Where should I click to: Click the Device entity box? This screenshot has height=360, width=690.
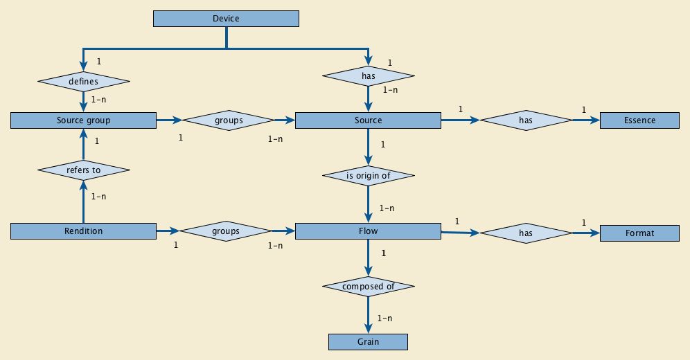pyautogui.click(x=226, y=19)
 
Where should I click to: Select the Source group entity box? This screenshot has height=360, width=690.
pyautogui.click(x=83, y=120)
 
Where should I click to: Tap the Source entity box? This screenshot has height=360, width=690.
pyautogui.click(x=368, y=120)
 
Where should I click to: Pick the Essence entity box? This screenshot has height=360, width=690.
pyautogui.click(x=639, y=120)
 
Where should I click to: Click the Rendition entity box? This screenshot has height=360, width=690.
pyautogui.click(x=83, y=231)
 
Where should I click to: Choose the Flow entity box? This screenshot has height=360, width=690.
pyautogui.click(x=368, y=231)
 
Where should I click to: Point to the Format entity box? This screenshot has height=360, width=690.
pyautogui.click(x=639, y=233)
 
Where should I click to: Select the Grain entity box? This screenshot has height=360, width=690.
pyautogui.click(x=368, y=342)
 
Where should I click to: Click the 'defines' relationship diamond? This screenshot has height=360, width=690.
pyautogui.click(x=83, y=81)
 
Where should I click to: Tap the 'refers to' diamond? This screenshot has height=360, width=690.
pyautogui.click(x=83, y=170)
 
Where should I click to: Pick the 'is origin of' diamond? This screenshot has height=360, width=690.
pyautogui.click(x=368, y=175)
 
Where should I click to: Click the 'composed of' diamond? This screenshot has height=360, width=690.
pyautogui.click(x=368, y=286)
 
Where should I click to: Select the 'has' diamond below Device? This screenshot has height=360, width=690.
pyautogui.click(x=368, y=75)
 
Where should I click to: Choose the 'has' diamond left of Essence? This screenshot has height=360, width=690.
pyautogui.click(x=526, y=120)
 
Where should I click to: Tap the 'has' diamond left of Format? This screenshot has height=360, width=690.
pyautogui.click(x=526, y=233)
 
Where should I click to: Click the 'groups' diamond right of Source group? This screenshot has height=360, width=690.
pyautogui.click(x=229, y=120)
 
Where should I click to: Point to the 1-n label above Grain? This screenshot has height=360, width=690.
pyautogui.click(x=385, y=318)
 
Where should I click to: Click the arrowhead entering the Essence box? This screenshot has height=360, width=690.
pyautogui.click(x=595, y=120)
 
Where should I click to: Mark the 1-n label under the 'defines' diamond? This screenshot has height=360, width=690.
pyautogui.click(x=98, y=100)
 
